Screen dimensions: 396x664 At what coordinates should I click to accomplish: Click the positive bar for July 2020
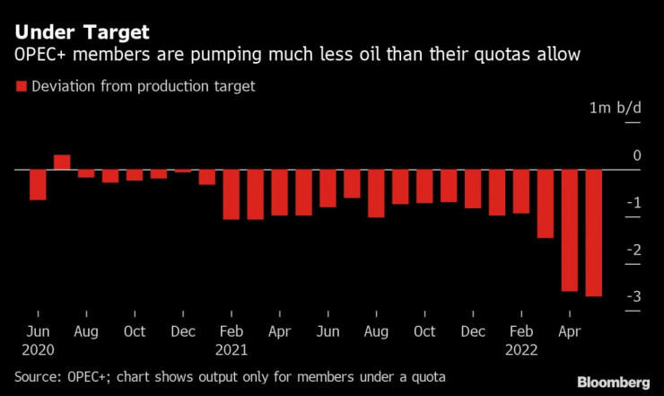point(62,162)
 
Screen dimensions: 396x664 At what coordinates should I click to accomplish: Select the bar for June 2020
point(38,184)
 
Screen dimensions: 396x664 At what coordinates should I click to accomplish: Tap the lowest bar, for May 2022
point(593,233)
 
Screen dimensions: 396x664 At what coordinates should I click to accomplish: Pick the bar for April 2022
point(569,230)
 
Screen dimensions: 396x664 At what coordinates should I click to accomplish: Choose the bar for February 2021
point(232,194)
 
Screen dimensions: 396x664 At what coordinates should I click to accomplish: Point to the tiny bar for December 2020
point(183,171)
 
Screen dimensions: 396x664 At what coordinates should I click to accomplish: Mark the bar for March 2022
point(545,204)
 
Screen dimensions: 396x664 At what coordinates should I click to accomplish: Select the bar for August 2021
point(376,193)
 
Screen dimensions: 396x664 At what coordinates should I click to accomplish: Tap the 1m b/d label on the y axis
point(616,108)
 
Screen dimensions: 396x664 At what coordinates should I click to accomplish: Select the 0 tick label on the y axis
point(637,155)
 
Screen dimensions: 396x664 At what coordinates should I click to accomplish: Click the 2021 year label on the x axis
point(232,349)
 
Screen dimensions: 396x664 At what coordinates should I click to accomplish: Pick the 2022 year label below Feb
point(520,349)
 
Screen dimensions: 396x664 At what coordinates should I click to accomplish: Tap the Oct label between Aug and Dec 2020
point(135,330)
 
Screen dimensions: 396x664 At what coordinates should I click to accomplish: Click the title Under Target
point(82,32)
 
